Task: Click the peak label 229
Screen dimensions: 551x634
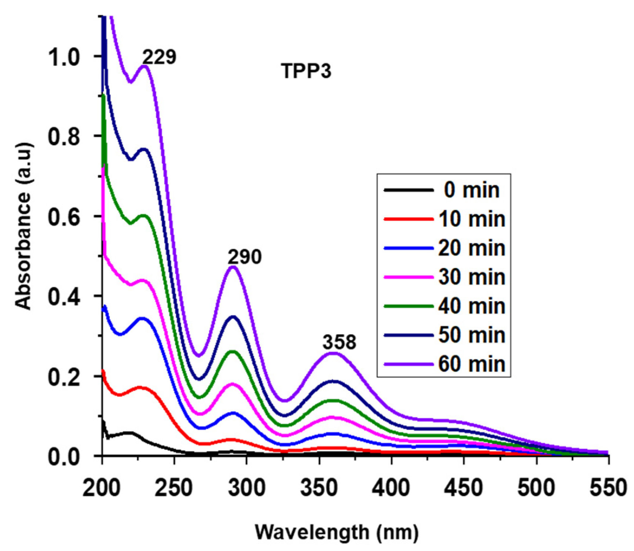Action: tap(159, 57)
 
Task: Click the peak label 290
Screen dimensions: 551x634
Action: tap(244, 257)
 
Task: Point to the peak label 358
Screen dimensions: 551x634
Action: tap(339, 342)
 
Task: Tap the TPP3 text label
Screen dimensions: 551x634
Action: tap(306, 71)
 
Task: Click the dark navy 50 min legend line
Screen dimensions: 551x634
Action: tap(408, 335)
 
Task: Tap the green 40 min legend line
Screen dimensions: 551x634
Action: tap(408, 306)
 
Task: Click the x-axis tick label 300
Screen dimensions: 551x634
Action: tap(246, 488)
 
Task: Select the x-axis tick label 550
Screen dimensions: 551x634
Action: tap(608, 488)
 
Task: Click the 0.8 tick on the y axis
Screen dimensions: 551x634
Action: tap(64, 136)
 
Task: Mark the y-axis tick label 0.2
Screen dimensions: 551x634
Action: tap(64, 377)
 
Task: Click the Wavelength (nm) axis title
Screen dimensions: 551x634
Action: tap(337, 532)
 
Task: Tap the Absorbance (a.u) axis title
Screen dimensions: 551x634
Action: tap(24, 226)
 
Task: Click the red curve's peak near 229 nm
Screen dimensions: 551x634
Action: tap(142, 387)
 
